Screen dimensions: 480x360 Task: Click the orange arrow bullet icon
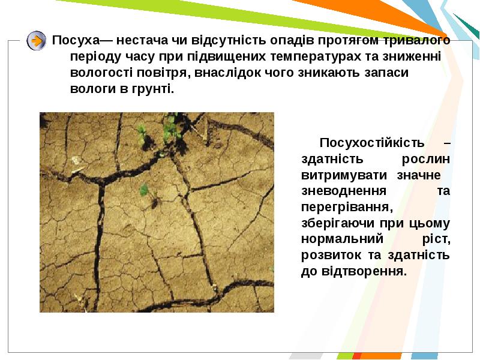pos(37,40)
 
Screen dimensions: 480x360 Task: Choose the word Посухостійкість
pos(372,143)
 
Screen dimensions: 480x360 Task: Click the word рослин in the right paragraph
pos(426,159)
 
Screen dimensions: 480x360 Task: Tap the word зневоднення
pos(344,191)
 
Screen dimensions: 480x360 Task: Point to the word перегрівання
pos(347,208)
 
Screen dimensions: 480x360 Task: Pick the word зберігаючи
pos(338,223)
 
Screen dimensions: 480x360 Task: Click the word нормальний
pos(342,239)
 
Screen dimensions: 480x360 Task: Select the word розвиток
pos(331,256)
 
